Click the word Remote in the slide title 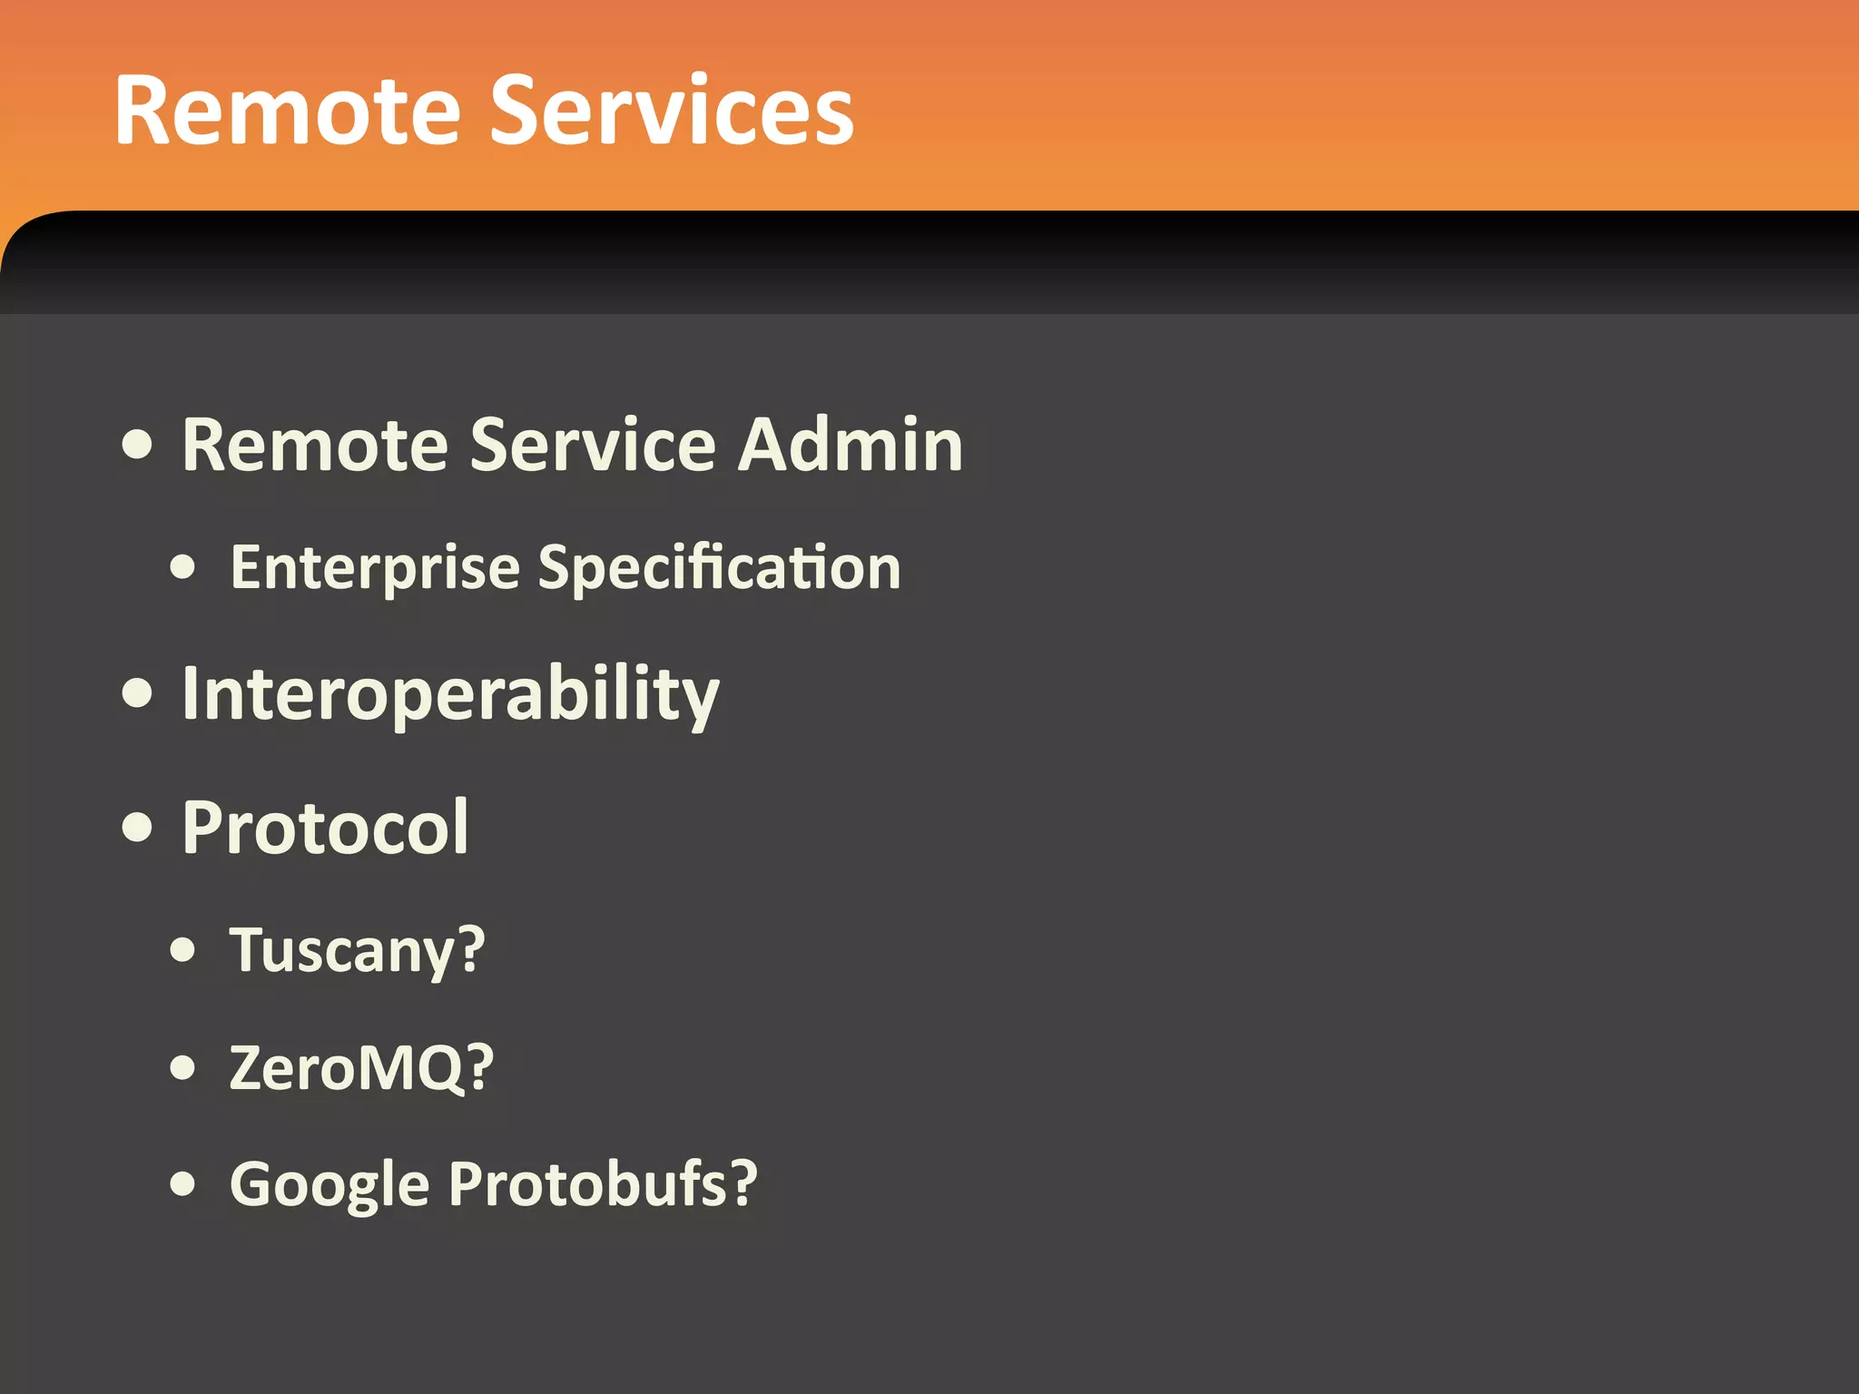pos(288,111)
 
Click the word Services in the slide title pos(672,111)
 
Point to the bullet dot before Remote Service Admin pos(137,446)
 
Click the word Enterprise pos(375,568)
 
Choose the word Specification pos(719,568)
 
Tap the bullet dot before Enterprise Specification pos(183,567)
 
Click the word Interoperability pos(450,694)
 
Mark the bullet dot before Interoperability pos(137,694)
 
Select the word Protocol pos(325,828)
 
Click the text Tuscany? pos(357,951)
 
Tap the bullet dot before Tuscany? pos(183,950)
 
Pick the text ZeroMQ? pos(361,1068)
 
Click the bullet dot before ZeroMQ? pos(183,1068)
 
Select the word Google pos(329,1185)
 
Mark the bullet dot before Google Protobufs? pos(183,1184)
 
